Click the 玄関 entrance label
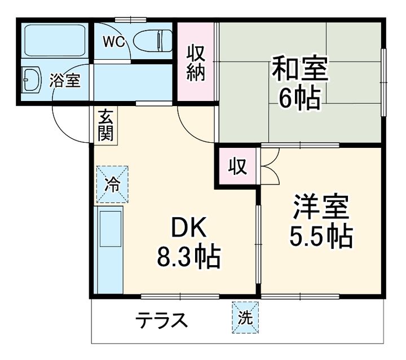(105, 125)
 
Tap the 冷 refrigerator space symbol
(112, 183)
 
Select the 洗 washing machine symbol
(244, 318)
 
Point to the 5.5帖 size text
(321, 237)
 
